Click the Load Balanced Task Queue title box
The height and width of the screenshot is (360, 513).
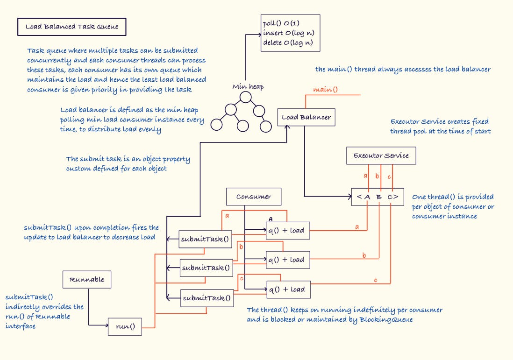71,27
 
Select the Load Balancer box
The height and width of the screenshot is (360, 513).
306,117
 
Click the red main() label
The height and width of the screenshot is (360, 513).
325,89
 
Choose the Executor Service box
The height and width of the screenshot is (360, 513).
381,155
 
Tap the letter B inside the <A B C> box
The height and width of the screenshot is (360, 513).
379,197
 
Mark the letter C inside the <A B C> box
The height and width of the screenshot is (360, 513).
390,197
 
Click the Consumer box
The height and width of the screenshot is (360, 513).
254,197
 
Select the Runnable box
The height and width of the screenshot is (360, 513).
87,280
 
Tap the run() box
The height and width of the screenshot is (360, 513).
125,327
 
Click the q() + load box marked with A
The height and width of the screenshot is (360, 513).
288,230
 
